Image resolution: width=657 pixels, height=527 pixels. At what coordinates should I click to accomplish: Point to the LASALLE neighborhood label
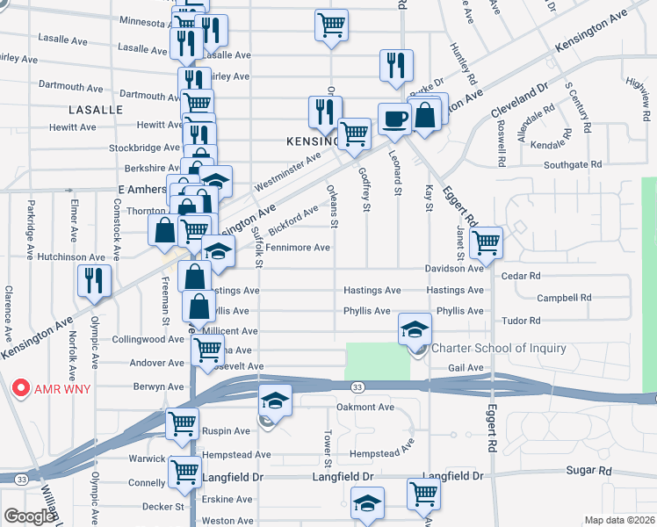(96, 110)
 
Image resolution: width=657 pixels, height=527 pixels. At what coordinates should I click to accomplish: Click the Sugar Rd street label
(588, 471)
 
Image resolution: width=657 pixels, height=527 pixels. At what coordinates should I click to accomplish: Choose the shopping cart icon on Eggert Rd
(486, 242)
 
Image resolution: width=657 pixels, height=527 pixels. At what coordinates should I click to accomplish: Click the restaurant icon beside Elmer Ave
(93, 280)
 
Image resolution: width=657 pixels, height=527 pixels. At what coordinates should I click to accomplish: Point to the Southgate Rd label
(573, 164)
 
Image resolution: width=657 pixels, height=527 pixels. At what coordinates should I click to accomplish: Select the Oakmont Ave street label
(365, 408)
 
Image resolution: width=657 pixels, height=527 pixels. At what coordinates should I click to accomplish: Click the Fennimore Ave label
(298, 248)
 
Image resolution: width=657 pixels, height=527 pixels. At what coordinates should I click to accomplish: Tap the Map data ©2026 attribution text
(618, 520)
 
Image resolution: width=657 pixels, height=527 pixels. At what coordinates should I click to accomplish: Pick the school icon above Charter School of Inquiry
(415, 328)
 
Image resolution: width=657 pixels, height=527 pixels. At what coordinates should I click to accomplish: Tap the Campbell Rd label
(563, 298)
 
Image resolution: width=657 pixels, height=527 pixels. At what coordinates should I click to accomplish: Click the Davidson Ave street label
(455, 268)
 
